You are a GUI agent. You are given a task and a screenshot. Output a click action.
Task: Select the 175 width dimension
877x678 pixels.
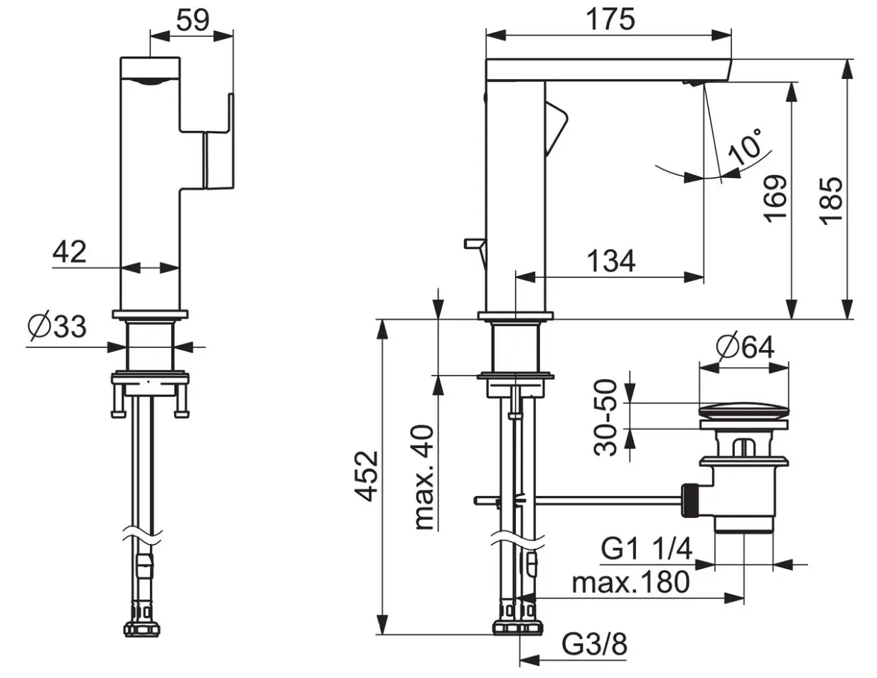point(610,19)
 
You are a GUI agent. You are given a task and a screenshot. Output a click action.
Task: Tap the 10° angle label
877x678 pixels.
point(746,146)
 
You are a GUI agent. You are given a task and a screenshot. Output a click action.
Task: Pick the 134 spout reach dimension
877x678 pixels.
point(611,261)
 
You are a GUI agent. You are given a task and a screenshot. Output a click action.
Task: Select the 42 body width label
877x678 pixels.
point(70,252)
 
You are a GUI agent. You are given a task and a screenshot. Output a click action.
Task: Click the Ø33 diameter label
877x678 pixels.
point(58,327)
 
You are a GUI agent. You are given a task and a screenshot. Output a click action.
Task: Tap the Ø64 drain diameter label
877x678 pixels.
point(745,346)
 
